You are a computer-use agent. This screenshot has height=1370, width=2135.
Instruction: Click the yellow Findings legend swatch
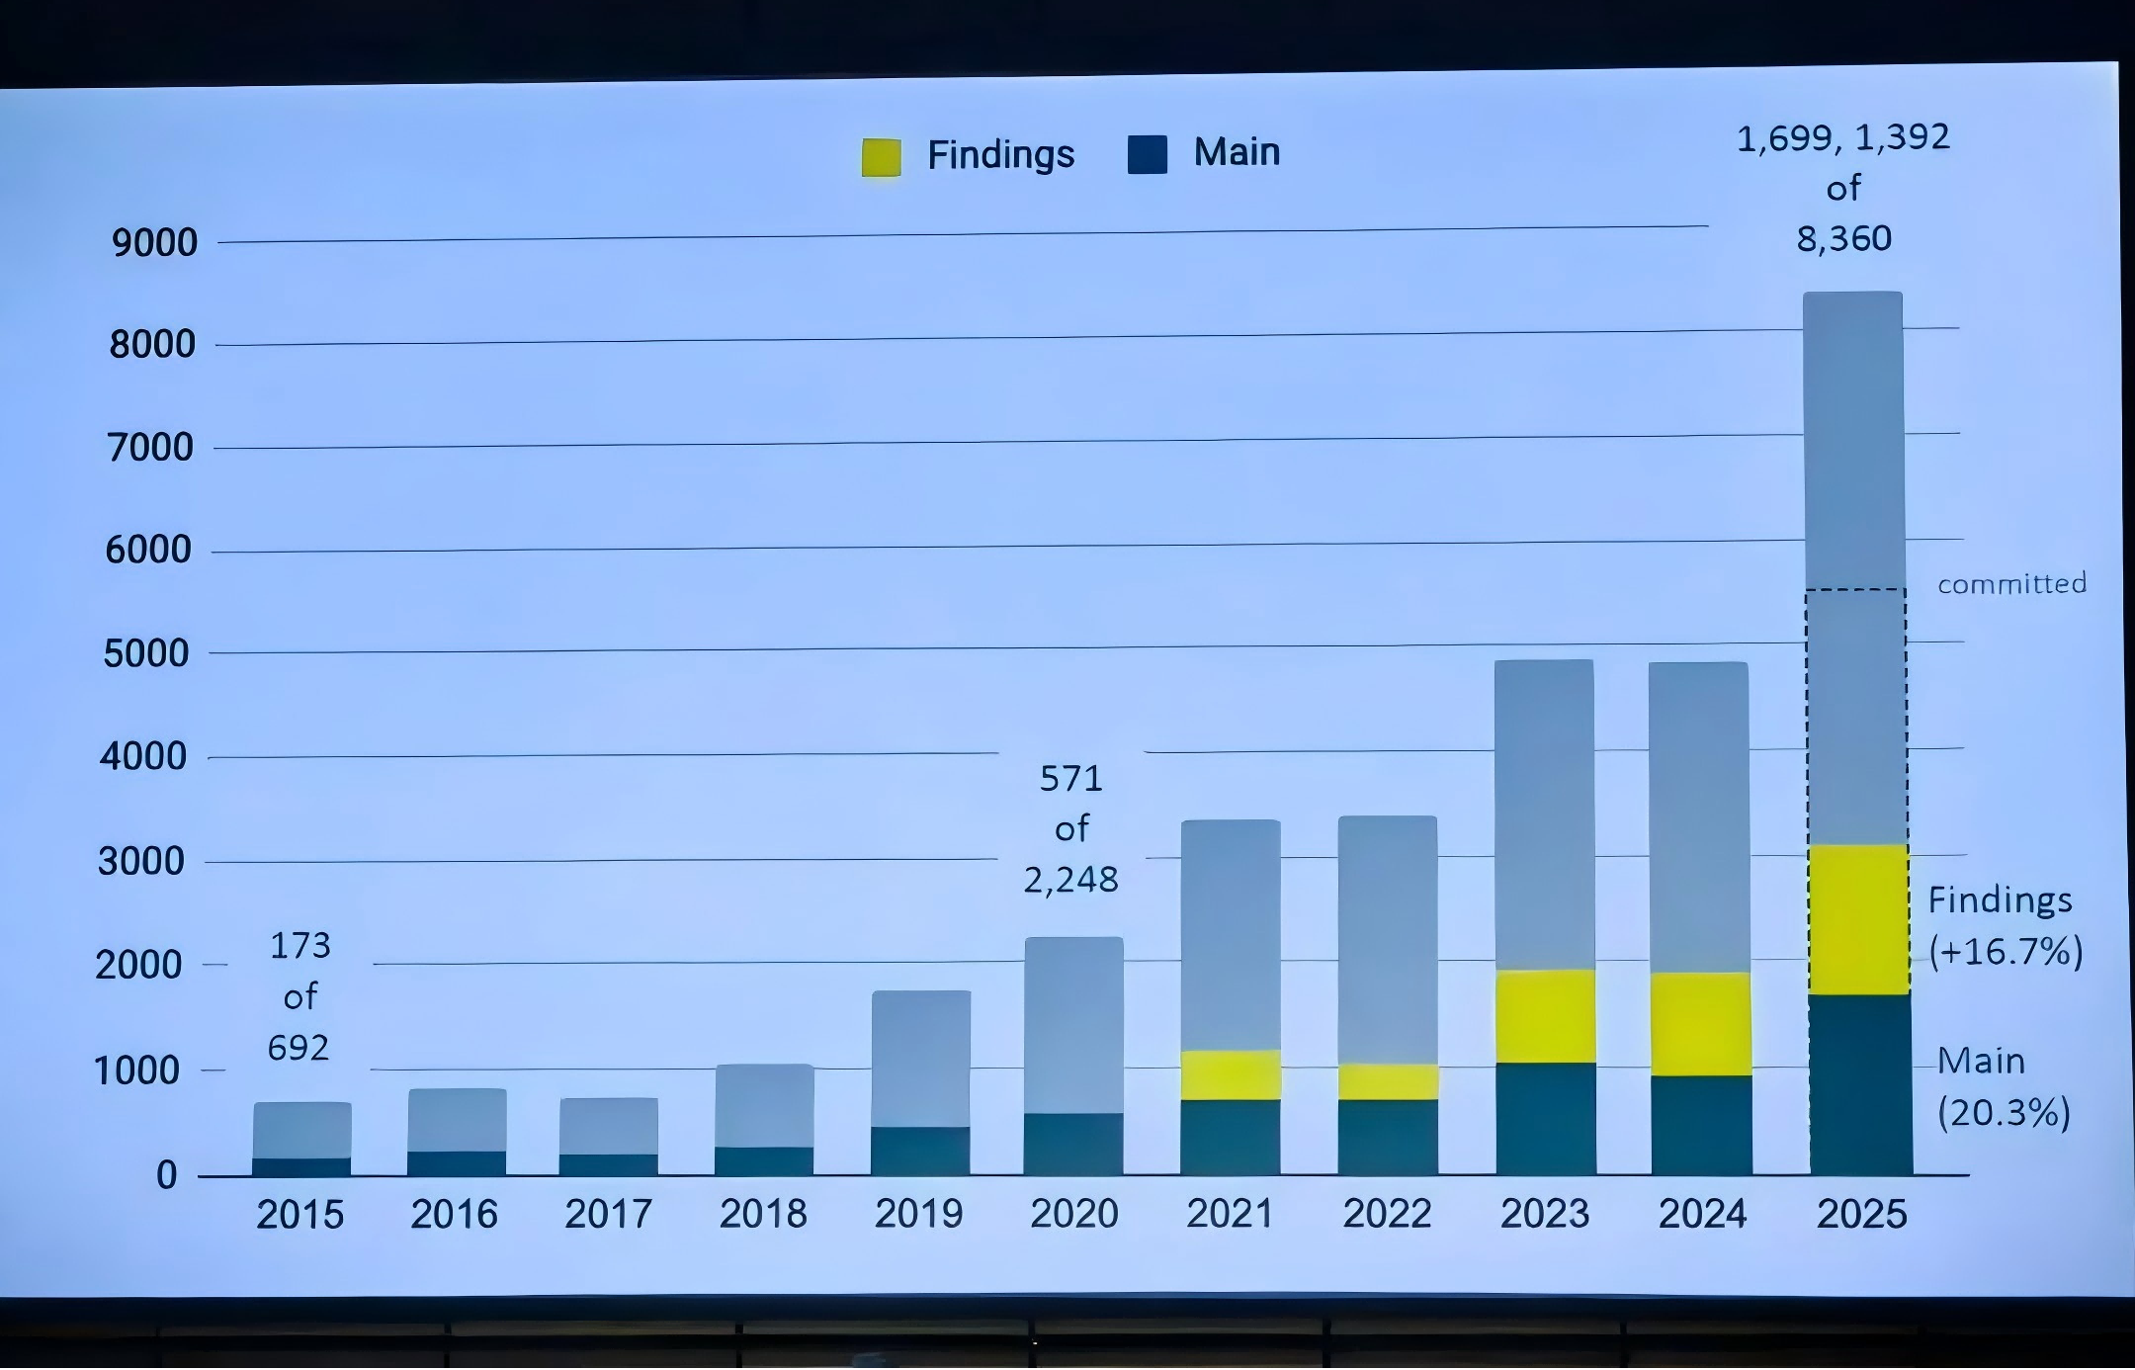point(881,157)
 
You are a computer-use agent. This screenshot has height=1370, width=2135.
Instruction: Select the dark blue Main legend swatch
point(1147,155)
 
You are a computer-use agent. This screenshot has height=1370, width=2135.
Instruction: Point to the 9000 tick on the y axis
point(154,242)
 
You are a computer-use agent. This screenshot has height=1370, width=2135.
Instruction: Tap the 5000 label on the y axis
point(146,653)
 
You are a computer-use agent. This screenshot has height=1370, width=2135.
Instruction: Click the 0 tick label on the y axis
point(167,1174)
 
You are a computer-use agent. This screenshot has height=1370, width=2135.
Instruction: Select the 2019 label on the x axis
point(918,1214)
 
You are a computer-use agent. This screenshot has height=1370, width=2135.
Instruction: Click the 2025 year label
point(1861,1214)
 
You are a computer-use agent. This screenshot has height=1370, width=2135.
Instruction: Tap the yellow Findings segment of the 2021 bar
point(1231,1075)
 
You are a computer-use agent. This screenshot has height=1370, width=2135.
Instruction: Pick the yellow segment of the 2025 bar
point(1858,919)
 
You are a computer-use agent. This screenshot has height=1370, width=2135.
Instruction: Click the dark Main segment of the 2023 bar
point(1546,1119)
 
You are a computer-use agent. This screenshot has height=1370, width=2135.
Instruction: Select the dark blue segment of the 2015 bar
point(301,1166)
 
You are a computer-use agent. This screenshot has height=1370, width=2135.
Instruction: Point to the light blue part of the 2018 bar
point(764,1105)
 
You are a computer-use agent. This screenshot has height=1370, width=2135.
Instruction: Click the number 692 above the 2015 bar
point(298,1048)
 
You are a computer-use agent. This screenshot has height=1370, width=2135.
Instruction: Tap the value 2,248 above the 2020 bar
point(1070,879)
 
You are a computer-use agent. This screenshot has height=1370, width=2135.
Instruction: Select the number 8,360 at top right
point(1843,238)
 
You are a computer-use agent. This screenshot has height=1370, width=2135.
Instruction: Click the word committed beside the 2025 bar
point(2011,584)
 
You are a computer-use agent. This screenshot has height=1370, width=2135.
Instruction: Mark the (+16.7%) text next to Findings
point(2006,951)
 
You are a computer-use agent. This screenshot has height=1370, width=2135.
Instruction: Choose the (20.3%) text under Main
point(2004,1113)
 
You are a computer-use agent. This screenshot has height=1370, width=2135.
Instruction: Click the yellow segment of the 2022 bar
point(1388,1081)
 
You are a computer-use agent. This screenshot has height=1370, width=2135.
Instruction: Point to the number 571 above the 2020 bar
point(1070,779)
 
